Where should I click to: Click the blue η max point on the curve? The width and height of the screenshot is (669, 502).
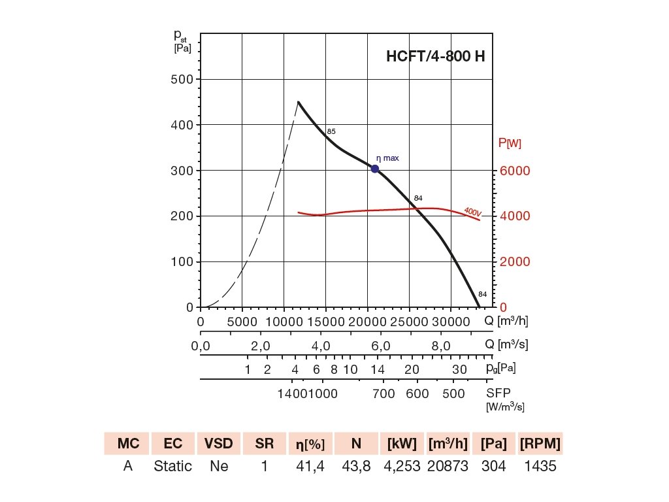coord(375,169)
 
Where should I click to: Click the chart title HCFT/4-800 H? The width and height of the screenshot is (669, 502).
coord(436,56)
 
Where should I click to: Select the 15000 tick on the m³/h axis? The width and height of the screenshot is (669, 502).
coord(325,322)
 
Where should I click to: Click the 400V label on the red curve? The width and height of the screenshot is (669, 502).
coord(472,212)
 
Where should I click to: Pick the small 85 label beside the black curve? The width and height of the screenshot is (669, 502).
coord(331,131)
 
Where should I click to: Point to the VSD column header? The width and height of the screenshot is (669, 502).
coord(219,444)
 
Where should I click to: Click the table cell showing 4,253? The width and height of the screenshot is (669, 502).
coord(402,467)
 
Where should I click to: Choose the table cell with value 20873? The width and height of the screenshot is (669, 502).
coord(448,467)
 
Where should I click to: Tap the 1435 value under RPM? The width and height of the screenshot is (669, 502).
coord(540,467)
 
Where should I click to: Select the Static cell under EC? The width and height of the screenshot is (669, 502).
coord(173,467)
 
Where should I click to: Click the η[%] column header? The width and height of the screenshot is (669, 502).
coord(310,444)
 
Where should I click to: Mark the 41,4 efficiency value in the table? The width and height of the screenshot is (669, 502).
coord(310,467)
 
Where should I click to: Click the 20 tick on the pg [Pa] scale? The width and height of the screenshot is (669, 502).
coord(412,369)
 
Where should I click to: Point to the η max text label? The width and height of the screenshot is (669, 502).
coord(387,158)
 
